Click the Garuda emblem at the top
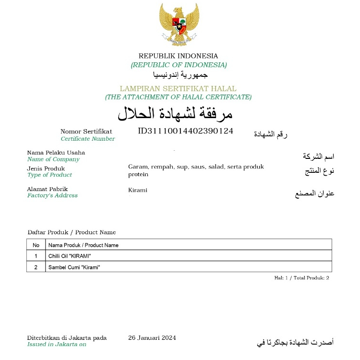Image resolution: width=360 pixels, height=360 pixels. coord(179,24)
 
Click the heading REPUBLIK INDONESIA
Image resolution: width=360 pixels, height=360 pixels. coord(179,56)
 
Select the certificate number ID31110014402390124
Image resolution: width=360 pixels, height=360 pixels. coord(185,131)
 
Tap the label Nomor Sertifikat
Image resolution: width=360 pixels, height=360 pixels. coord(86,131)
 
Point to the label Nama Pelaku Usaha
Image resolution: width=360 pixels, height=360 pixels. coord(56,153)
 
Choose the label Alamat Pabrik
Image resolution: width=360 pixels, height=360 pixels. coord(48,189)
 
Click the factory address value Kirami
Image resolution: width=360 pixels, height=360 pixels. coord(138,190)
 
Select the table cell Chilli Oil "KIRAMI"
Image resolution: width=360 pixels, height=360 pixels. coord(70,256)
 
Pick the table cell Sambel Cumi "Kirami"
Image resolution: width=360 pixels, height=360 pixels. coord(74,267)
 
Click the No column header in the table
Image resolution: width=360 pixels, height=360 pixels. coord(36,245)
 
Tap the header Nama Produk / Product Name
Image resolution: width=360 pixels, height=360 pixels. coord(84,245)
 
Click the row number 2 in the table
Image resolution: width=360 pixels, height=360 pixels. coord(36,267)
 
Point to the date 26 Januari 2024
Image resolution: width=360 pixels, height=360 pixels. coord(152,338)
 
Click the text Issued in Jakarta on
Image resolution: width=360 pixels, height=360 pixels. coord(57,344)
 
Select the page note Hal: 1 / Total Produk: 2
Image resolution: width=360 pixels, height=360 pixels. coord(301,278)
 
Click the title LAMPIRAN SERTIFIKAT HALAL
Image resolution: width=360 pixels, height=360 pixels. coord(178,89)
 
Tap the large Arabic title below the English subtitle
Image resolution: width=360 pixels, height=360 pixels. coord(175,114)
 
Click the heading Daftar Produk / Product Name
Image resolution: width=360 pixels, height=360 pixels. coord(72,232)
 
